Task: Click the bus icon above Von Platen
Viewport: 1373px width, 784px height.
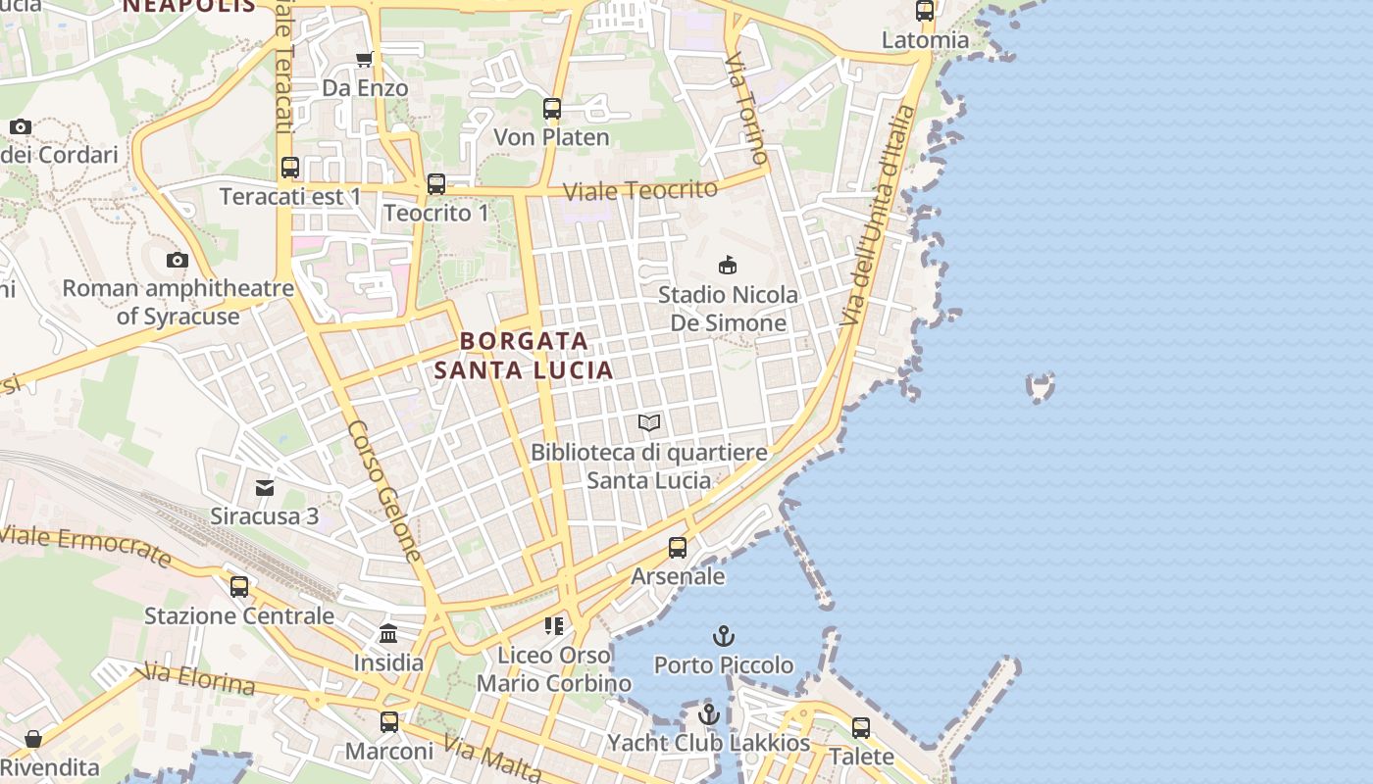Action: [x=552, y=109]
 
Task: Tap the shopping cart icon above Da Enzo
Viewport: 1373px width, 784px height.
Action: [x=365, y=60]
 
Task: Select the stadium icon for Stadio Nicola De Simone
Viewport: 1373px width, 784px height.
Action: [x=728, y=265]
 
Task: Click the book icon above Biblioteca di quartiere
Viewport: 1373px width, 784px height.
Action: [x=648, y=423]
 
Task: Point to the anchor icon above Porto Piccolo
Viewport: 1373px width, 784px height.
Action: [x=723, y=636]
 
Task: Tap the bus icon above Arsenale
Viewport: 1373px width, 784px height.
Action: [x=678, y=548]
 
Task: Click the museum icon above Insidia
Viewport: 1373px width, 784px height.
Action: [x=388, y=633]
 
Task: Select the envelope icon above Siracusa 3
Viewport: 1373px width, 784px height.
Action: [x=265, y=487]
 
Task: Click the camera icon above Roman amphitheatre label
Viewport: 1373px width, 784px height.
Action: [x=178, y=260]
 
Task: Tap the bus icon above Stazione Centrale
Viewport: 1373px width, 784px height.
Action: [x=239, y=587]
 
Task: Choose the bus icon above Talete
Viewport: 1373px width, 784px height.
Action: [x=861, y=728]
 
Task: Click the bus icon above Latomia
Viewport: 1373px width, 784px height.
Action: [x=925, y=12]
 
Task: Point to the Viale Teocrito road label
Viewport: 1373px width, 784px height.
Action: [x=641, y=190]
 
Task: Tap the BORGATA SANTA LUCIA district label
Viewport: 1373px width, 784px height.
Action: [x=525, y=355]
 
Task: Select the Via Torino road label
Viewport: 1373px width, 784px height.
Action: [x=747, y=108]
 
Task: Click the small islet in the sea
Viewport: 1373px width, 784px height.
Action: [x=1040, y=386]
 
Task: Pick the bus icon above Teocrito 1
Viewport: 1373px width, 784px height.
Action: [x=436, y=184]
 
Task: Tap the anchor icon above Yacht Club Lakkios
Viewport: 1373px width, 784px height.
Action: [x=709, y=713]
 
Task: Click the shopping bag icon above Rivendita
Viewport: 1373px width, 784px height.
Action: [x=33, y=739]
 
